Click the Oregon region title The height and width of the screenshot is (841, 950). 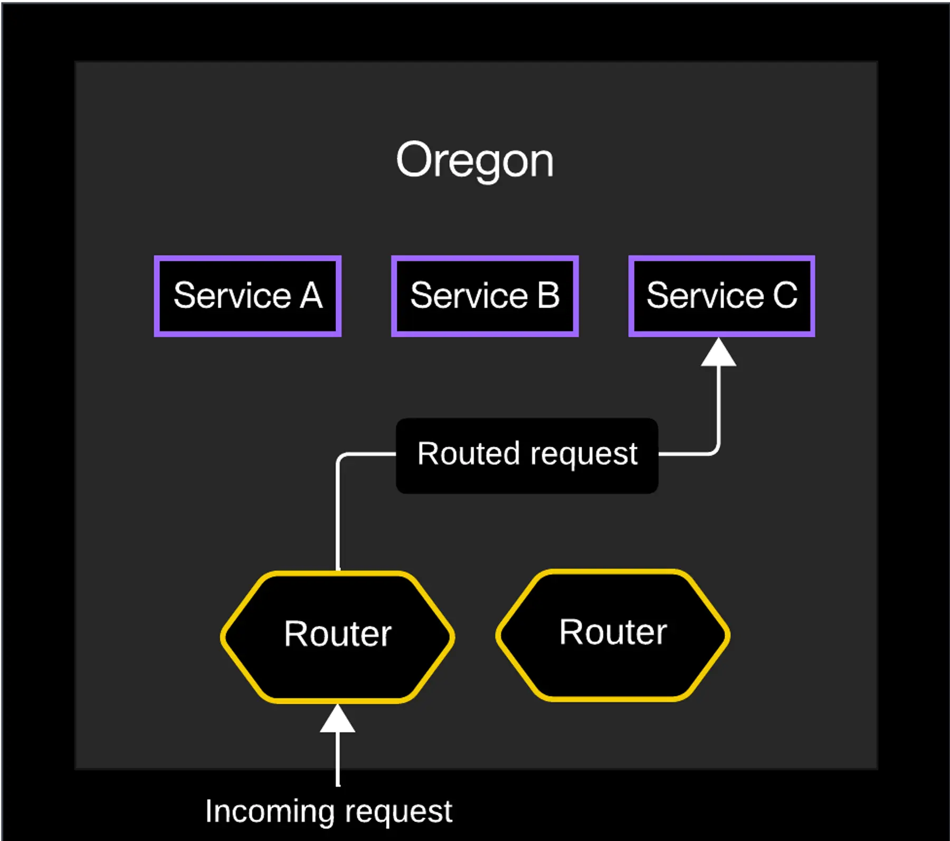pyautogui.click(x=474, y=160)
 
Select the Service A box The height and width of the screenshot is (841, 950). pyautogui.click(x=248, y=296)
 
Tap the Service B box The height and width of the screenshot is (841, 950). pyautogui.click(x=484, y=296)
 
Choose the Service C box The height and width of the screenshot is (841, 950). pyautogui.click(x=721, y=296)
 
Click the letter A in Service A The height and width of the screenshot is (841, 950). pyautogui.click(x=311, y=296)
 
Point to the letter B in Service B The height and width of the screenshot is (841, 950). pyautogui.click(x=548, y=296)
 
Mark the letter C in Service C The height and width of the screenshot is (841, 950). pyautogui.click(x=785, y=296)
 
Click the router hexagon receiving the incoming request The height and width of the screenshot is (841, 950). pyautogui.click(x=337, y=636)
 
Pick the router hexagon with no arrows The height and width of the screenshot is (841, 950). pyautogui.click(x=613, y=634)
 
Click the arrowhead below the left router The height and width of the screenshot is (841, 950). pyautogui.click(x=337, y=720)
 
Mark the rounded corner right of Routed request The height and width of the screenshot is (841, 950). pyautogui.click(x=715, y=450)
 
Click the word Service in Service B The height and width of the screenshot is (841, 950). pyautogui.click(x=469, y=296)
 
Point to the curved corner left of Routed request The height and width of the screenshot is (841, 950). pyautogui.click(x=341, y=457)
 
